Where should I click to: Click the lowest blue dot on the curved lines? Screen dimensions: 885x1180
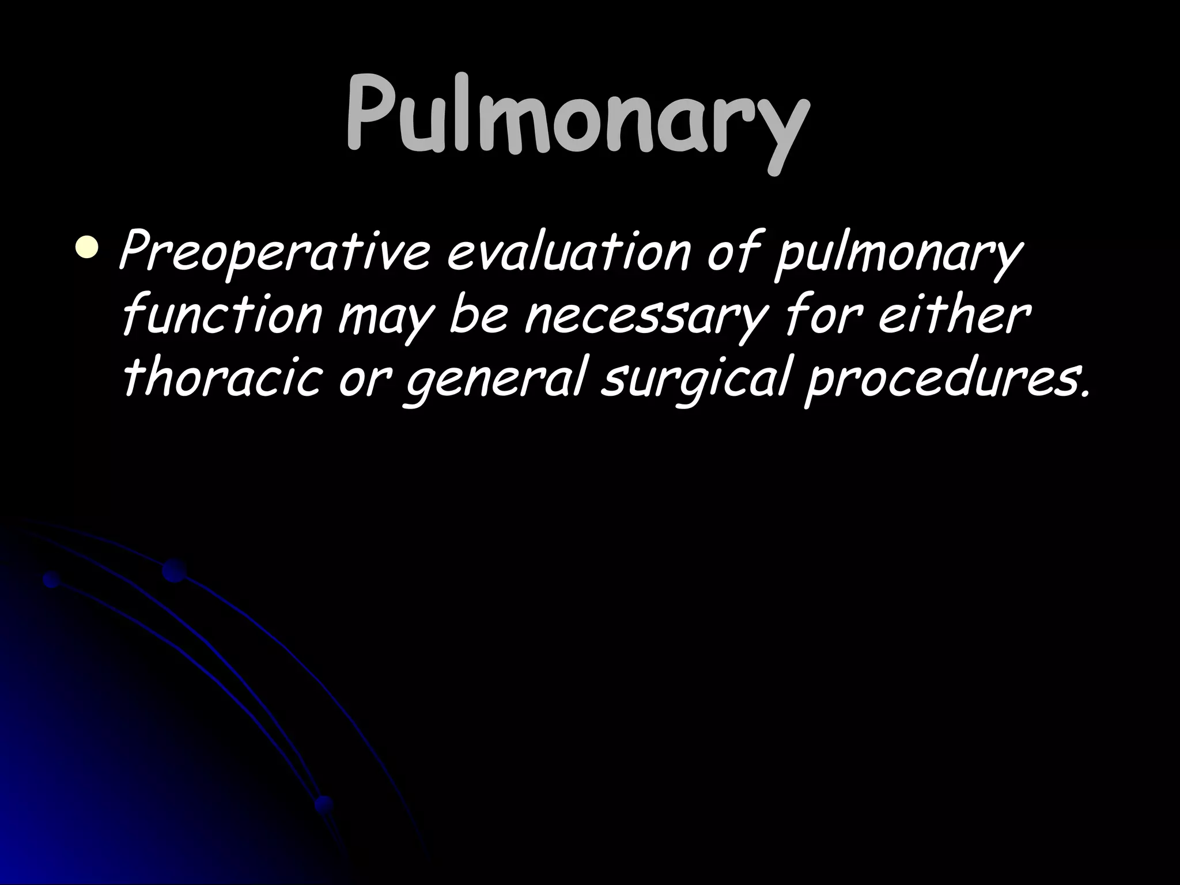(x=324, y=804)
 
